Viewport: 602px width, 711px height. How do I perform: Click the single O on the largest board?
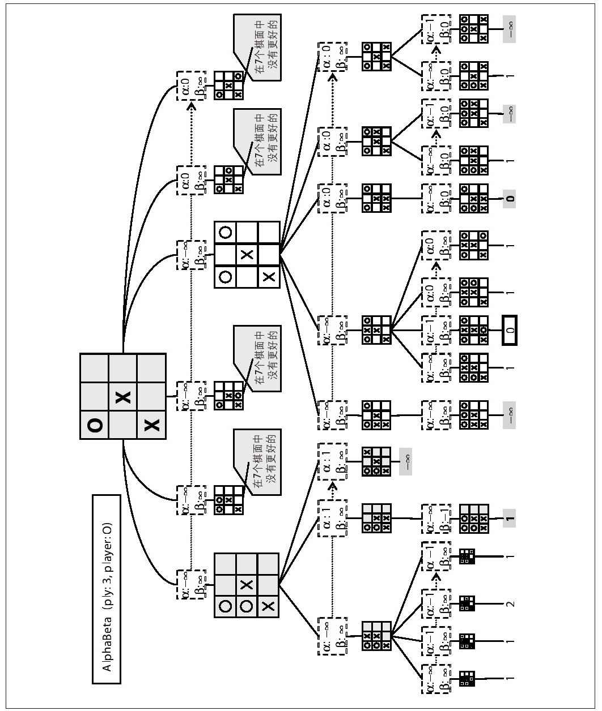95,425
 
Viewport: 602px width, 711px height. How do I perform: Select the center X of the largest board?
123,397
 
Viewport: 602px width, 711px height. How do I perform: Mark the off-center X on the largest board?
151,425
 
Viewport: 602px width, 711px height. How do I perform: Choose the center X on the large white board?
247,255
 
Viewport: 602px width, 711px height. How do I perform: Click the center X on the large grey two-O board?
247,585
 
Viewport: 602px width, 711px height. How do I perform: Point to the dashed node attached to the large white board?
190,255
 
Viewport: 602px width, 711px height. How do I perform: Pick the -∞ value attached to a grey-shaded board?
405,462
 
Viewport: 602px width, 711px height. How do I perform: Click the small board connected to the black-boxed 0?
473,329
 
